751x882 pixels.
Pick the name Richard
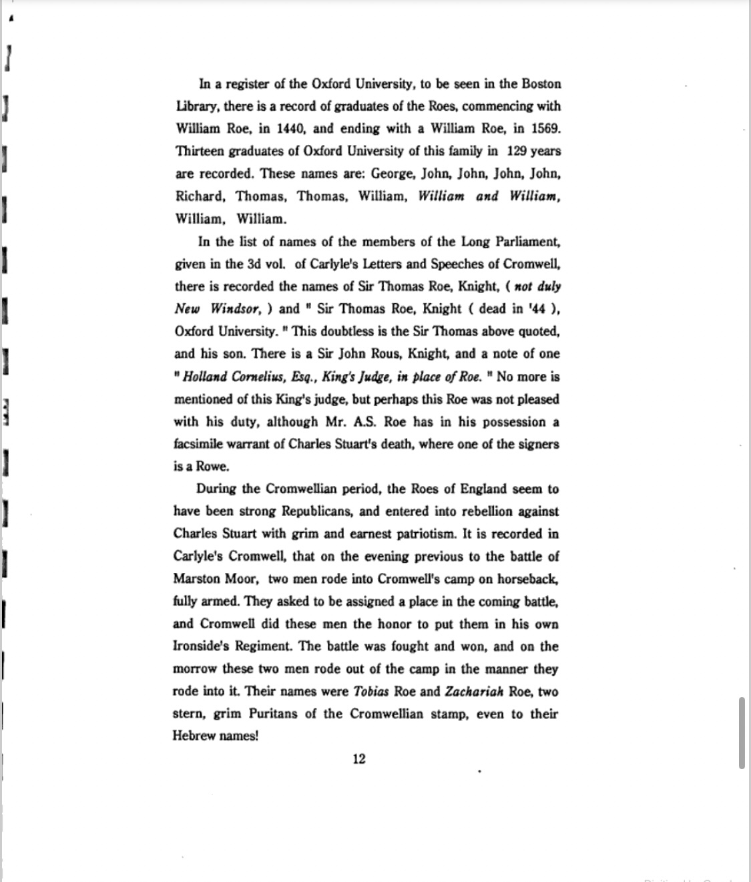point(198,196)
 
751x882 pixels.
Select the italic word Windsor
point(234,309)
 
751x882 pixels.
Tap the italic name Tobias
point(370,691)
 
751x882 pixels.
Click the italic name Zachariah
point(473,691)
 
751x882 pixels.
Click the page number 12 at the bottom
point(359,759)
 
